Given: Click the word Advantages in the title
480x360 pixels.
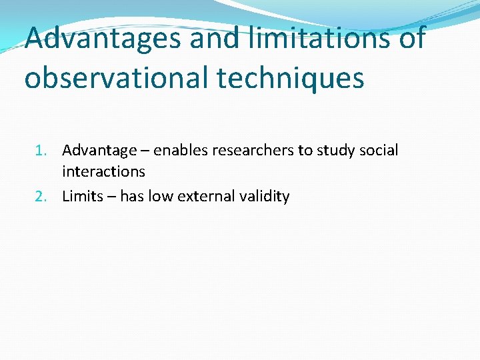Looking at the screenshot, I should pyautogui.click(x=103, y=39).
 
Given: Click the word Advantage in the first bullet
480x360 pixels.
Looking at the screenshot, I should pyautogui.click(x=99, y=151).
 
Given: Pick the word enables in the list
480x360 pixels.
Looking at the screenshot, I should pyautogui.click(x=180, y=151).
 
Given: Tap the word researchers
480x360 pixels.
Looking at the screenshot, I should pyautogui.click(x=253, y=151).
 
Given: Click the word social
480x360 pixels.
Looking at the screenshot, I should pyautogui.click(x=379, y=151).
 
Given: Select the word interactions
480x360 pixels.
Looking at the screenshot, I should pyautogui.click(x=103, y=172).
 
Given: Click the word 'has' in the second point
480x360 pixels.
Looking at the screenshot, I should pyautogui.click(x=132, y=197).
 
